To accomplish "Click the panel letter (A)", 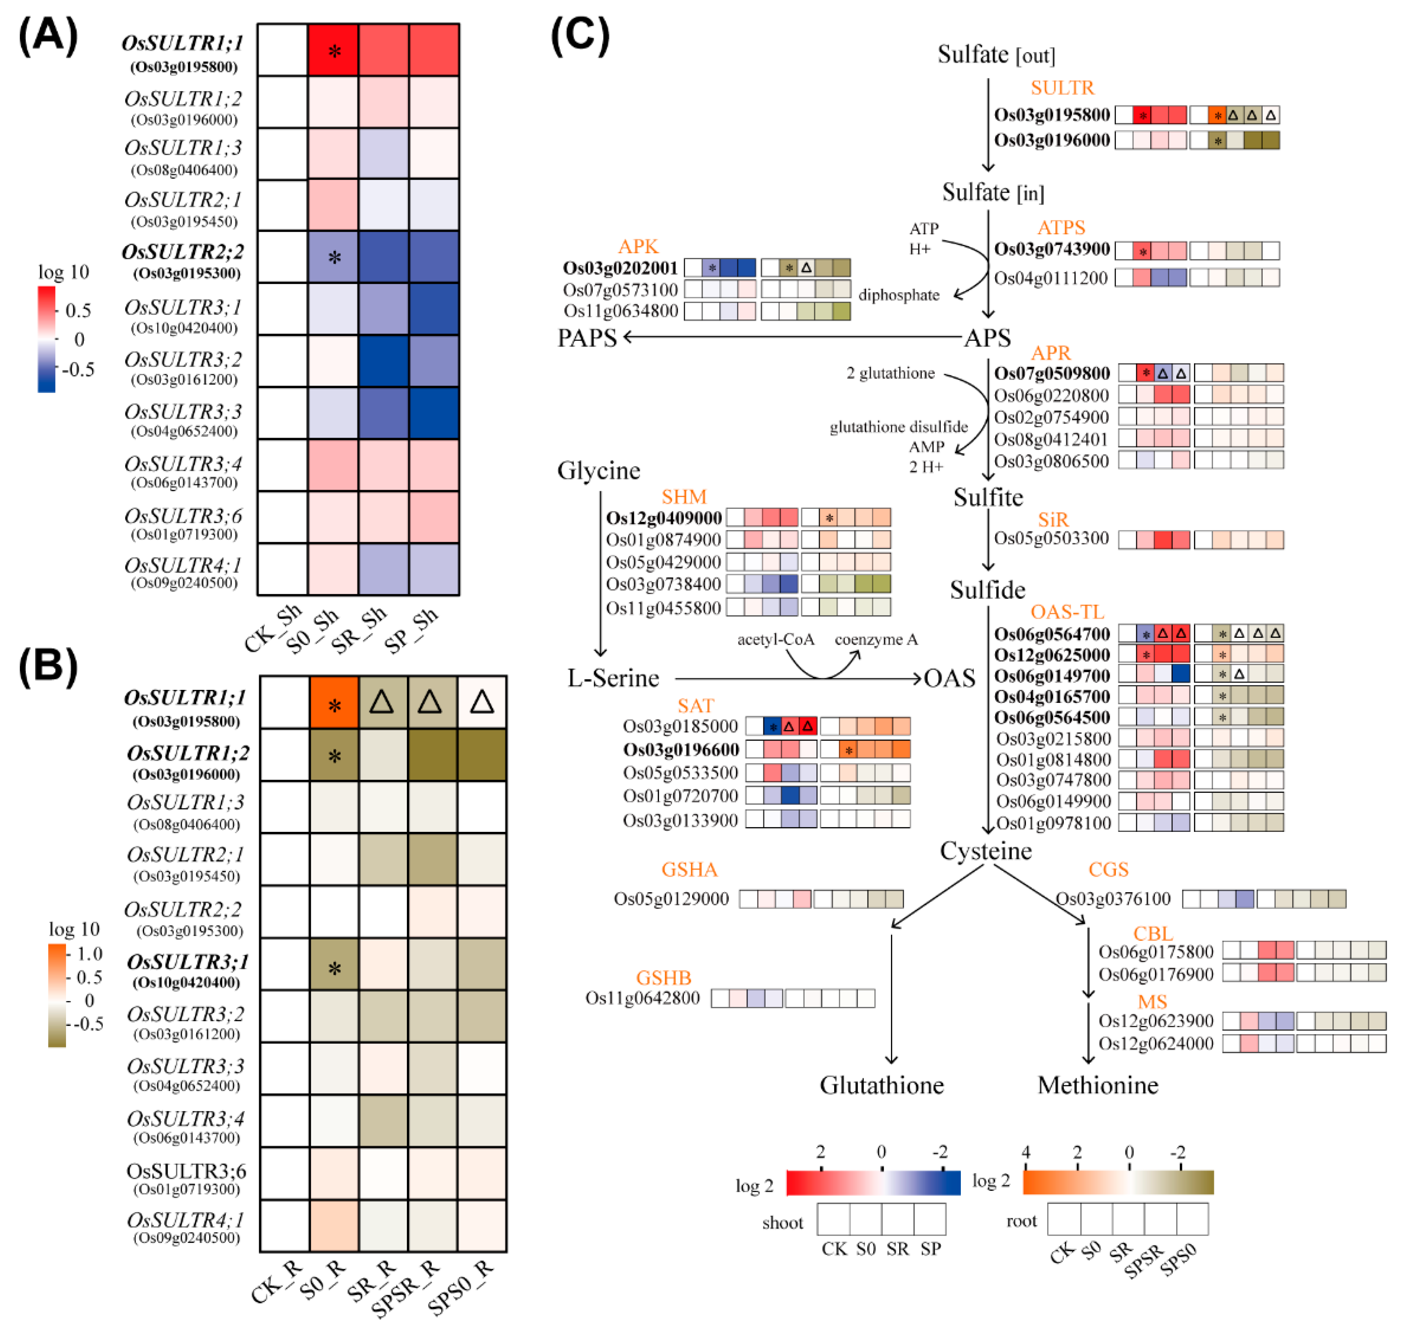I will click(48, 36).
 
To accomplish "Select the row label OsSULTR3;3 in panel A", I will click(183, 412).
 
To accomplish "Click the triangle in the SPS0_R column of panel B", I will click(482, 702).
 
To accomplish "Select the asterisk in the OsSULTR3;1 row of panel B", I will click(334, 969).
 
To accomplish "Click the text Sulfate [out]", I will click(996, 55).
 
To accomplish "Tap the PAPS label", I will click(587, 338).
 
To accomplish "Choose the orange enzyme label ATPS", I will click(1061, 227).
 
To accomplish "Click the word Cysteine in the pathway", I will click(986, 851).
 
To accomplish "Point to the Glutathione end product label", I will click(881, 1085).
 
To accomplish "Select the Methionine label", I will click(1097, 1085).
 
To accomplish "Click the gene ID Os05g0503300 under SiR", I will click(1051, 538).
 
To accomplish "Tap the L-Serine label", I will click(613, 678).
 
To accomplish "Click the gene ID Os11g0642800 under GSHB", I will click(643, 998).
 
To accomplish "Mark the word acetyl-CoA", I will click(775, 640).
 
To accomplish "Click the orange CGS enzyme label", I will click(1108, 869).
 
